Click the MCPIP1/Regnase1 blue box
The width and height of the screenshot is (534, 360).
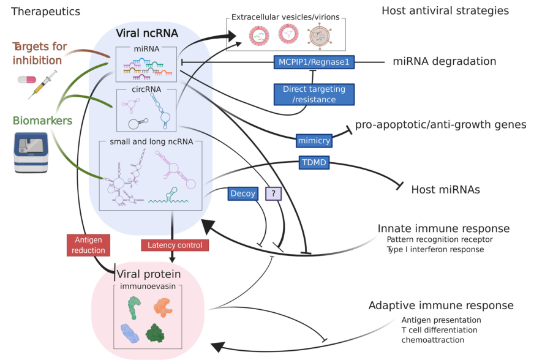tap(313, 61)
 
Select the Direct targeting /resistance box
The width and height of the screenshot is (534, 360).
tap(314, 94)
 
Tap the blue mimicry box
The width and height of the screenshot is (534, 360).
tap(314, 140)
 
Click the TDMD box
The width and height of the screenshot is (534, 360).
tap(314, 162)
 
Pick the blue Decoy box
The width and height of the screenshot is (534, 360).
tap(243, 193)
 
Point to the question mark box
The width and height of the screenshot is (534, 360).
tap(273, 193)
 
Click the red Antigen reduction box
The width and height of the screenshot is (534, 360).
tap(88, 244)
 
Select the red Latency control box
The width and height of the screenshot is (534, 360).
tap(175, 245)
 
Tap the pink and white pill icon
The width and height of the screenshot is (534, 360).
tap(28, 80)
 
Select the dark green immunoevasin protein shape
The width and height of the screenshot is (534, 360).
tap(155, 333)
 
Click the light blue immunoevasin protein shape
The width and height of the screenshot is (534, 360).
tap(130, 333)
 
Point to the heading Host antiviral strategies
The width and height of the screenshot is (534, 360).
tap(445, 11)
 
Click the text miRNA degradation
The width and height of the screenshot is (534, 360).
tap(444, 61)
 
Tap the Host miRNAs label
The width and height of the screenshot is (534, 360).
tap(445, 190)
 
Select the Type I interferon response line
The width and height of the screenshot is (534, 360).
tap(435, 249)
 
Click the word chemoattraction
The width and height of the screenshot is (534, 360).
tap(433, 340)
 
